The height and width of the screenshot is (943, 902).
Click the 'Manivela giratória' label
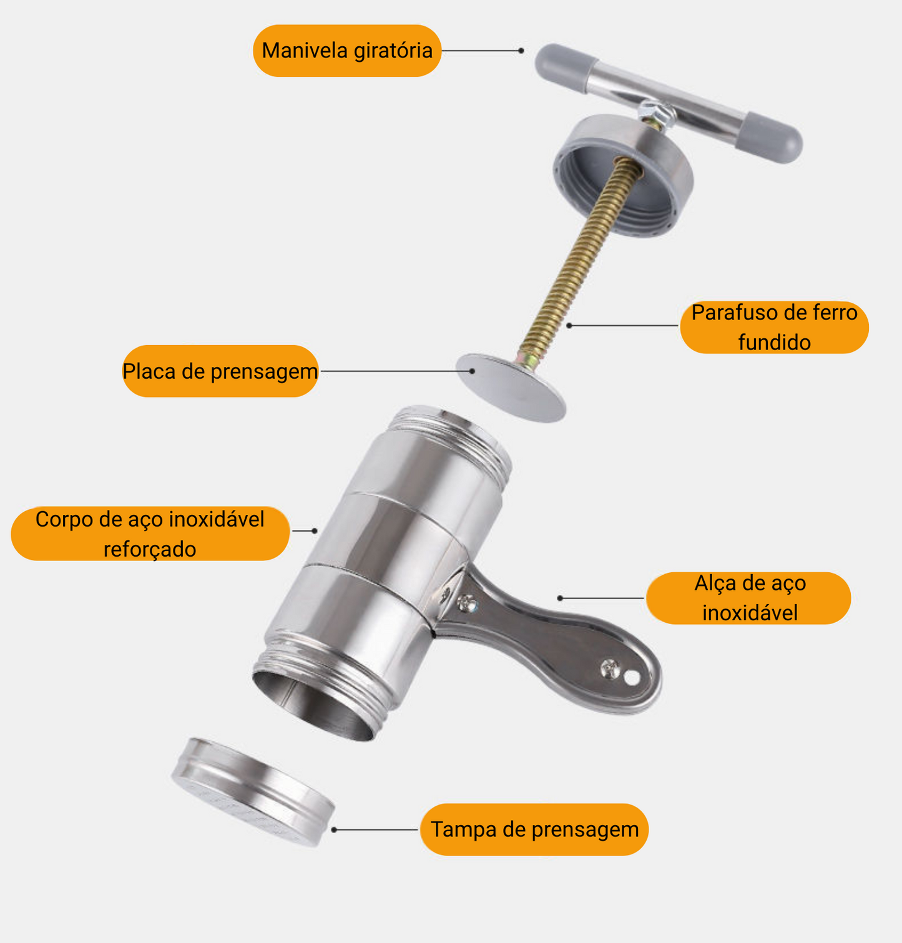click(x=347, y=51)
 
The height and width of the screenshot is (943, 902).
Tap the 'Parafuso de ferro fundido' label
click(x=774, y=327)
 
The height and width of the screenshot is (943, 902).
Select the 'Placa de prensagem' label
click(x=220, y=371)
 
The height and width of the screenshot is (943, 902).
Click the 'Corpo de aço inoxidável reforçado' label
click(x=150, y=534)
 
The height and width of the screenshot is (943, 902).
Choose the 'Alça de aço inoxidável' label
click(x=748, y=598)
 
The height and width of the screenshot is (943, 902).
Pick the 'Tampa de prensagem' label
click(x=534, y=829)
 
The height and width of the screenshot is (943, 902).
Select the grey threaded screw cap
click(x=624, y=175)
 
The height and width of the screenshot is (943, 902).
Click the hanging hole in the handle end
click(x=632, y=677)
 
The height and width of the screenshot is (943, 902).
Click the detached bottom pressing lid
click(x=253, y=789)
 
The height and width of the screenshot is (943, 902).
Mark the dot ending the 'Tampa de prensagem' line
click(x=335, y=829)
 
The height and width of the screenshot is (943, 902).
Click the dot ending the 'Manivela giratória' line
click(x=521, y=51)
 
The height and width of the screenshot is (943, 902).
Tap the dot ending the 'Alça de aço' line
click(x=560, y=598)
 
